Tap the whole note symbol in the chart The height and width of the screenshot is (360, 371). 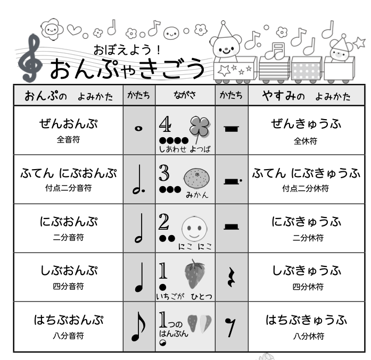coord(138,129)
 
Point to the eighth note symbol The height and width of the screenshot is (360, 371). coord(138,327)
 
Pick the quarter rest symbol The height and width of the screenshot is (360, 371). coord(231,278)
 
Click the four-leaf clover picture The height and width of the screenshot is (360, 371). coord(200,128)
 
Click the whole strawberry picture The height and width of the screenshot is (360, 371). coord(195,274)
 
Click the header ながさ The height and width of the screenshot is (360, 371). coord(185,96)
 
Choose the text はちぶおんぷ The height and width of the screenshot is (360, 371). coord(68,320)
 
